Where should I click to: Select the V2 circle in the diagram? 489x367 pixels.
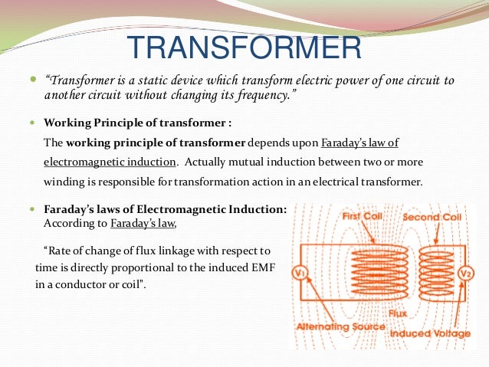point(464,274)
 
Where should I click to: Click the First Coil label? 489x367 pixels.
point(363,216)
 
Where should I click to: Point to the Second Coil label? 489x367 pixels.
point(432,217)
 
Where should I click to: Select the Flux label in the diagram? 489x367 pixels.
point(396,313)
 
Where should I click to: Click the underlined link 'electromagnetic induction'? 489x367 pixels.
point(110,162)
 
